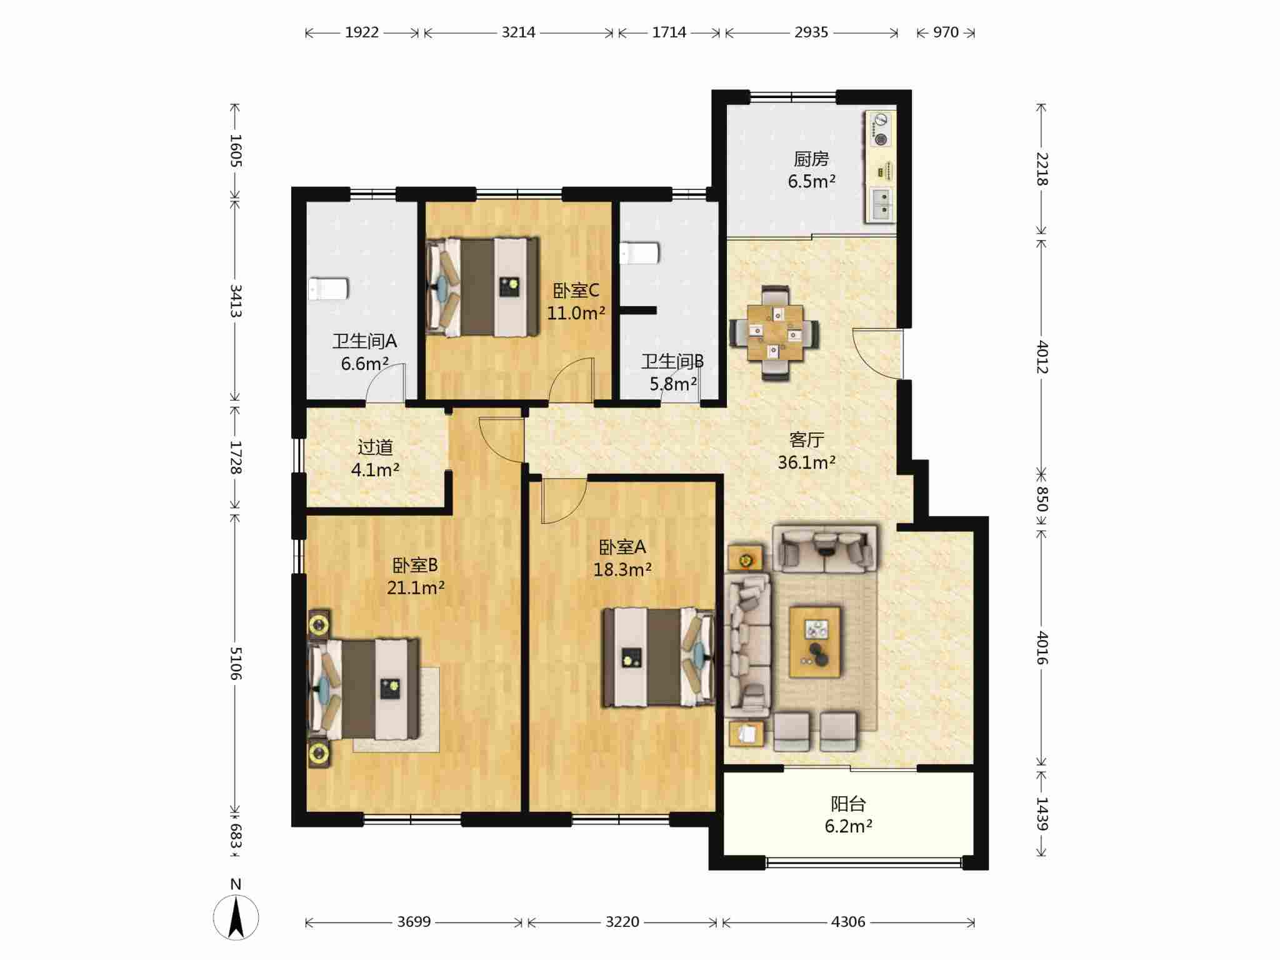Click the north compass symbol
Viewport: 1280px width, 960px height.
(236, 916)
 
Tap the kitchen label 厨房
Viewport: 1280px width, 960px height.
(811, 159)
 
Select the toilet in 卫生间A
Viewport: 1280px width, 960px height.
(327, 289)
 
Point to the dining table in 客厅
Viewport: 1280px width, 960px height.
(775, 332)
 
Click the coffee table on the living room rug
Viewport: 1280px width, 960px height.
(814, 642)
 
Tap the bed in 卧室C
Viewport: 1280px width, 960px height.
(482, 287)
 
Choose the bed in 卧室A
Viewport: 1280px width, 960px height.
(658, 657)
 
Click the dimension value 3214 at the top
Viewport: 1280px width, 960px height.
(518, 32)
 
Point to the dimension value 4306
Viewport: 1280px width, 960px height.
(848, 922)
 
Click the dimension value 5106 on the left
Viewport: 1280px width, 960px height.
(235, 663)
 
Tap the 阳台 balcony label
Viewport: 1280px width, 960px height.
(848, 804)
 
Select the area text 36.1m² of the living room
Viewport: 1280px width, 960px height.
(806, 462)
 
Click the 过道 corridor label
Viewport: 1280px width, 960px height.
(375, 447)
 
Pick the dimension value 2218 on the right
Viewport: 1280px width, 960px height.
(1042, 169)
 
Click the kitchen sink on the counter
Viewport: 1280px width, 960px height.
(881, 204)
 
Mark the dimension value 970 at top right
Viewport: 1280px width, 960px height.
(946, 32)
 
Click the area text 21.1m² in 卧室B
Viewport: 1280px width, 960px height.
(416, 588)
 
